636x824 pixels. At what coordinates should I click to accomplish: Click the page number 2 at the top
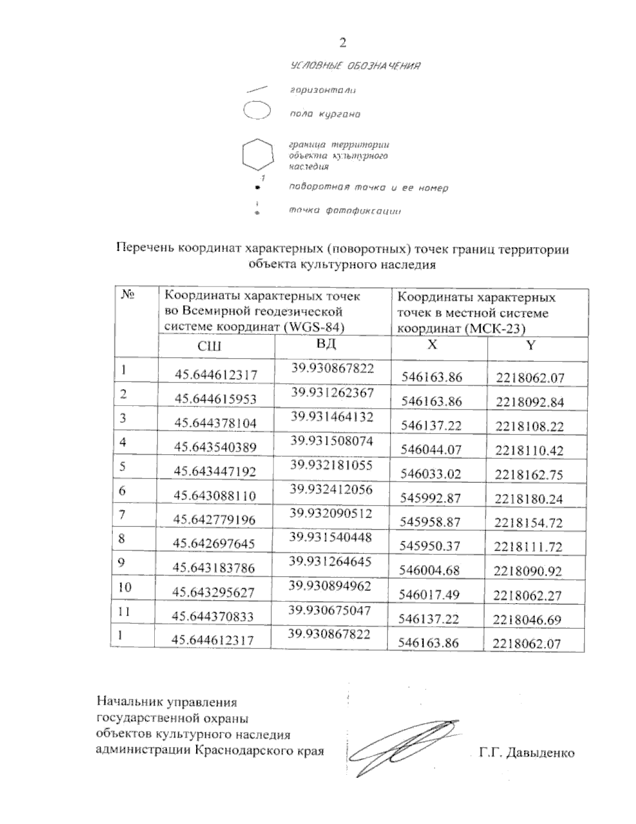pyautogui.click(x=343, y=43)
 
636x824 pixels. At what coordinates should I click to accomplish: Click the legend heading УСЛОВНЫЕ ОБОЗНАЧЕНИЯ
pyautogui.click(x=356, y=66)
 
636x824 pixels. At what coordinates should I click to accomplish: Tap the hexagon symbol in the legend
pyautogui.click(x=258, y=155)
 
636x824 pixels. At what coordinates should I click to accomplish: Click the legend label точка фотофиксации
pyautogui.click(x=344, y=211)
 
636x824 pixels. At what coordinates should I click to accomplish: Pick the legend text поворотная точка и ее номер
pyautogui.click(x=368, y=188)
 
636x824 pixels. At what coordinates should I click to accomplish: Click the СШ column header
pyautogui.click(x=209, y=346)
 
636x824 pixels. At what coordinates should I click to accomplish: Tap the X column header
pyautogui.click(x=432, y=344)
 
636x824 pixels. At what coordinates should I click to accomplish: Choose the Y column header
pyautogui.click(x=531, y=345)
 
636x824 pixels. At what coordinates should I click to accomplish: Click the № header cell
pyautogui.click(x=127, y=296)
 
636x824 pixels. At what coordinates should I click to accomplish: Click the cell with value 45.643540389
pyautogui.click(x=215, y=447)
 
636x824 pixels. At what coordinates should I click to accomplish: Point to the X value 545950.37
pyautogui.click(x=430, y=546)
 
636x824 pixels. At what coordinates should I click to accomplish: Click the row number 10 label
pyautogui.click(x=125, y=587)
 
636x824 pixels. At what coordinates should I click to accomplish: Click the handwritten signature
pyautogui.click(x=403, y=748)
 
